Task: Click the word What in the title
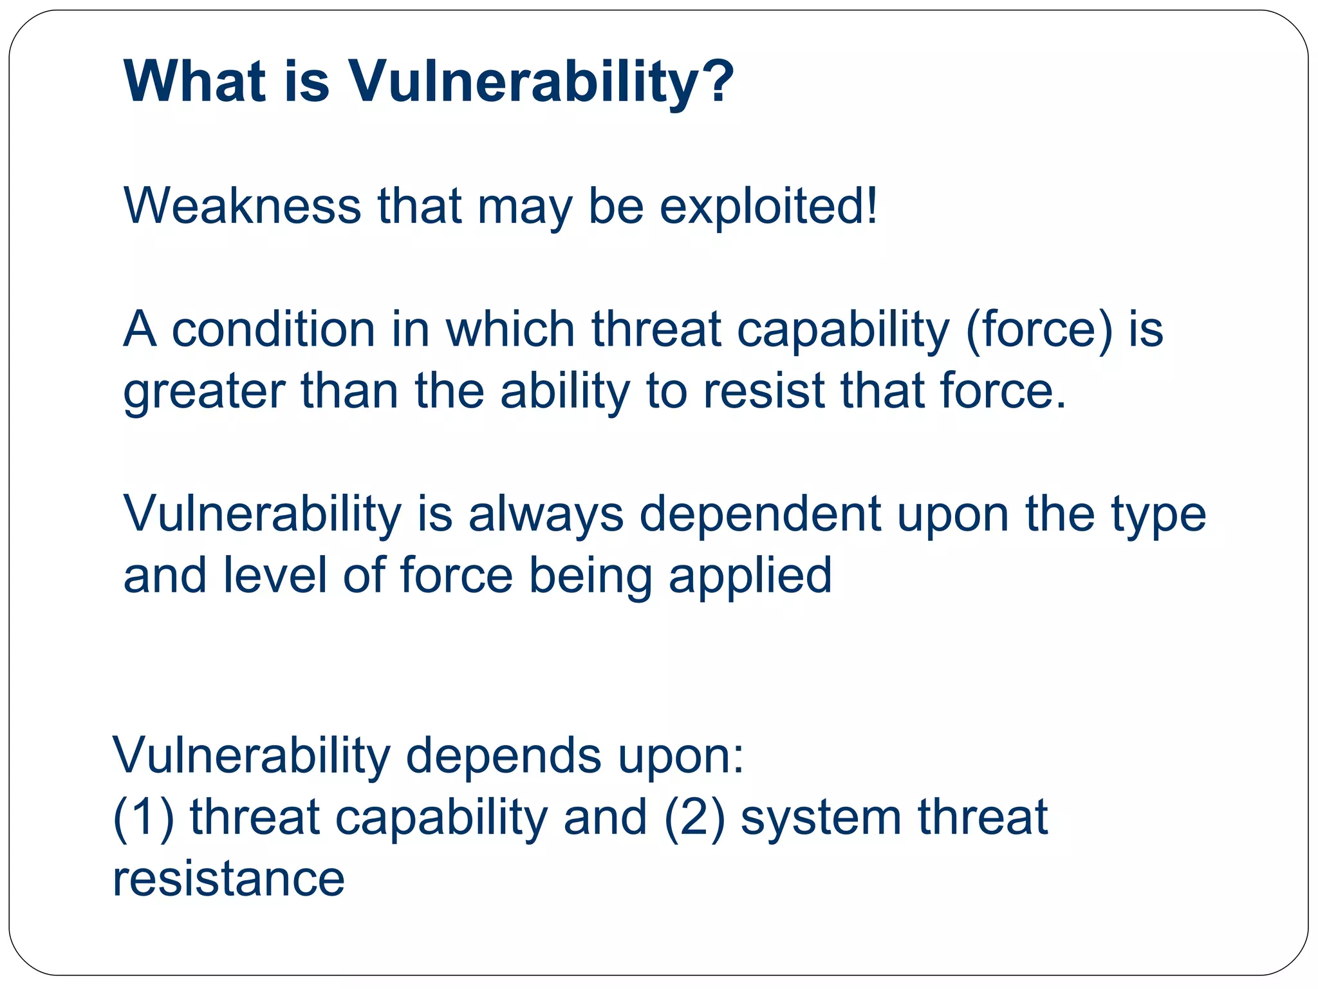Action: tap(194, 81)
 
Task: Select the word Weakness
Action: tap(242, 206)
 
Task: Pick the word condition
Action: tap(274, 330)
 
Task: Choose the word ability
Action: tap(565, 393)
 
